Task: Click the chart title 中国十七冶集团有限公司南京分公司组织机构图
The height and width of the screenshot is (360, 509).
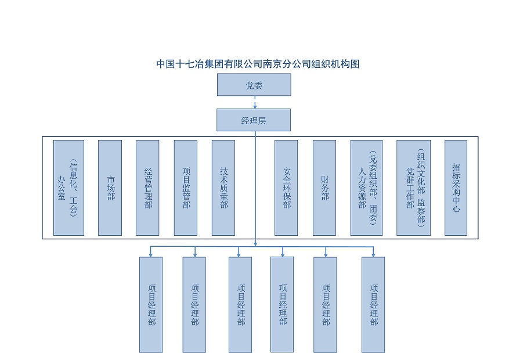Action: (258, 64)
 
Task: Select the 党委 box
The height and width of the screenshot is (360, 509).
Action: (254, 85)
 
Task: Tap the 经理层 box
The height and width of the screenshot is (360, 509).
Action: (254, 120)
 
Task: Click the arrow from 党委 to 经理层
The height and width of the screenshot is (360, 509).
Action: (255, 102)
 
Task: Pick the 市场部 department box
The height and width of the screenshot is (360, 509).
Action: (110, 188)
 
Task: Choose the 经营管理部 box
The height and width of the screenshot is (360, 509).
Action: (147, 188)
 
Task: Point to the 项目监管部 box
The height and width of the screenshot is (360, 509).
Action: (186, 188)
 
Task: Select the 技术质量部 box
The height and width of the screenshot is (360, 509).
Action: (223, 188)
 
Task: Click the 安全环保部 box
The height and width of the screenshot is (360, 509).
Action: (286, 188)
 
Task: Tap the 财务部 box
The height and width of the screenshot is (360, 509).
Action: (324, 188)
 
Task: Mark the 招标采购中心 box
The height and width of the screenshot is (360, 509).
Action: (456, 188)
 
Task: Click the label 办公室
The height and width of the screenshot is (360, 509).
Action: (62, 188)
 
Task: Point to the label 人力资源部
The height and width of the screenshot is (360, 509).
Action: (362, 188)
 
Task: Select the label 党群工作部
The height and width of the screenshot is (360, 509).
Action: (410, 188)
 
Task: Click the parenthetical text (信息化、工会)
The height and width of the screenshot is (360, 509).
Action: (73, 188)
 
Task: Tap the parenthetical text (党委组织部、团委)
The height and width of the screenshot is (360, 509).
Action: (373, 188)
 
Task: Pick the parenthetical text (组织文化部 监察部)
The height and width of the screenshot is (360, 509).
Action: (421, 188)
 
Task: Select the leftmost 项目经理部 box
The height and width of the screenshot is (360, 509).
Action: (151, 305)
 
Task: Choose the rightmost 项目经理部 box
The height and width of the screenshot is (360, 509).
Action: (373, 305)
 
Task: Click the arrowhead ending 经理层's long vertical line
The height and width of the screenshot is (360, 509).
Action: (255, 243)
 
